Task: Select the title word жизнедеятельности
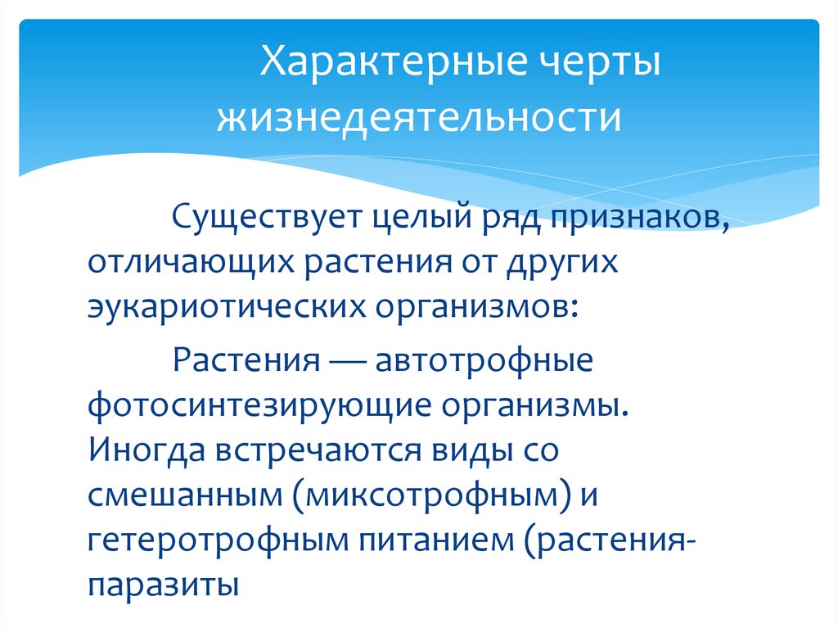[418, 118]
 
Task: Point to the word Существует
[265, 221]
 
